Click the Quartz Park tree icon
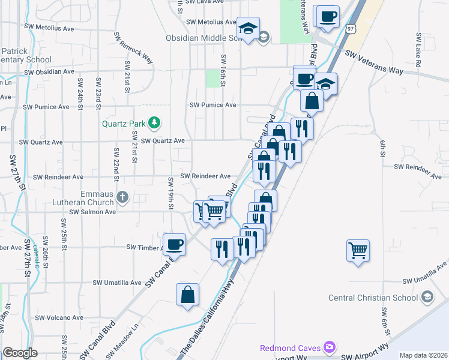click(155, 124)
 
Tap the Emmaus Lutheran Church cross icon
click(122, 197)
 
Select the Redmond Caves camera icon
click(328, 347)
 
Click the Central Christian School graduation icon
click(426, 297)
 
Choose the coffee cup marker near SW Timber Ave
click(174, 244)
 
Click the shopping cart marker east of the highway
click(358, 250)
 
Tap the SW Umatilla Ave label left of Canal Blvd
click(117, 283)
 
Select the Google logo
click(20, 353)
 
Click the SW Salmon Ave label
click(92, 212)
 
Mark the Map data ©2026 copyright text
click(423, 355)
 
